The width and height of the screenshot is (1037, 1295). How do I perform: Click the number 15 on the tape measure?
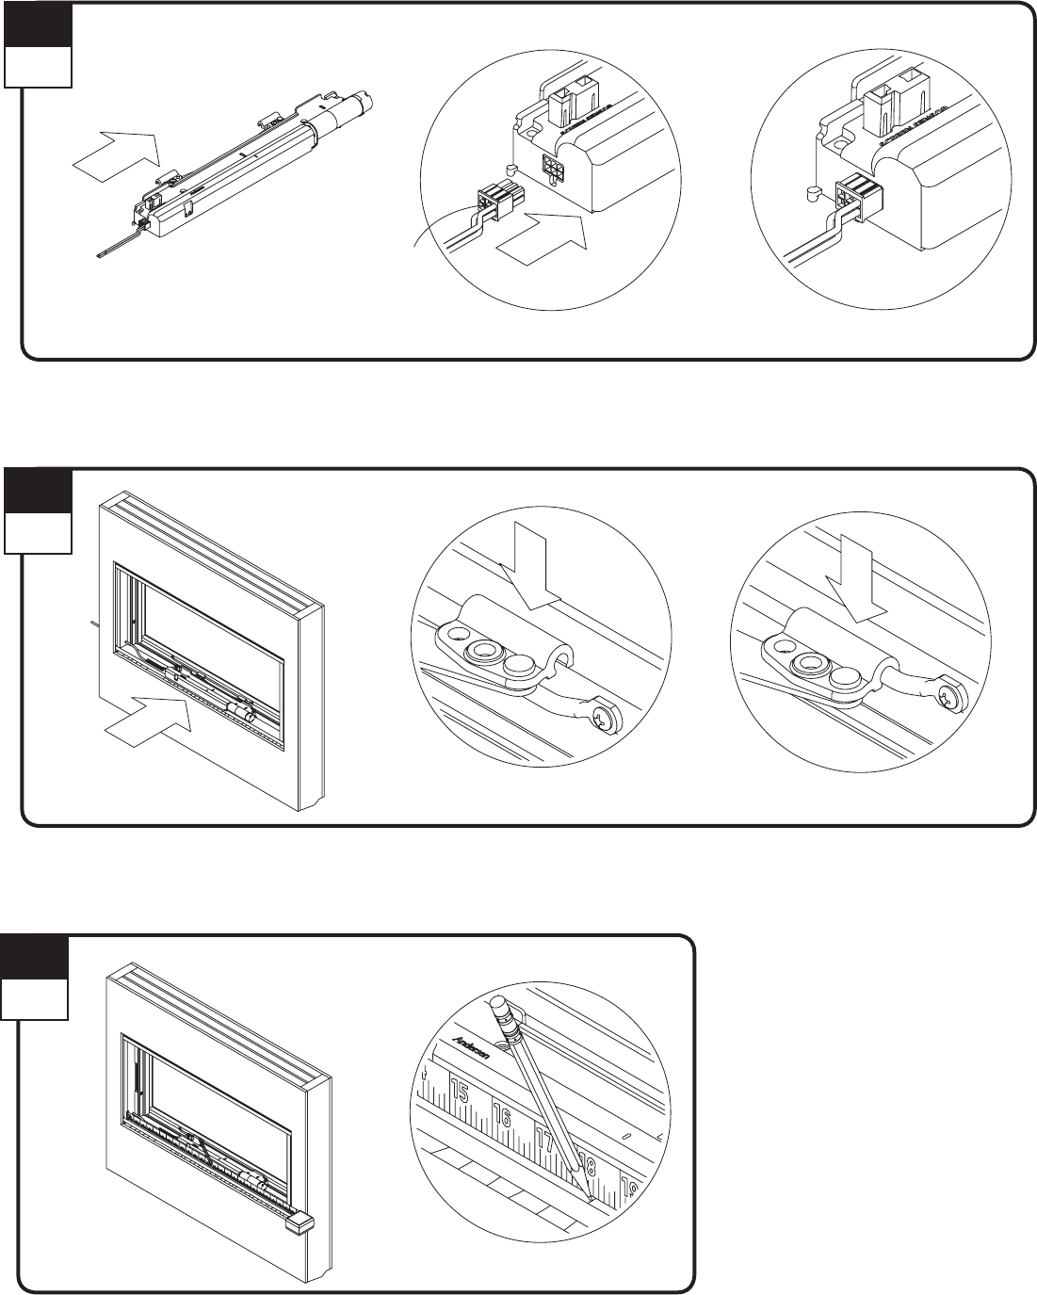(460, 1093)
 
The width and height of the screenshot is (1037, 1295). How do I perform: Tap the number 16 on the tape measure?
(501, 1118)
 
